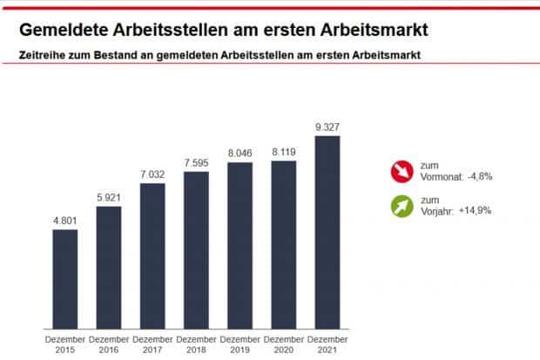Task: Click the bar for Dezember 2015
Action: pyautogui.click(x=65, y=279)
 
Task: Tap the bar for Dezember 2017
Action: pyautogui.click(x=152, y=256)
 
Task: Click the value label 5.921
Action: pyautogui.click(x=109, y=198)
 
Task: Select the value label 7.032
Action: pyautogui.click(x=152, y=174)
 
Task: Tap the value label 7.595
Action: pyautogui.click(x=196, y=163)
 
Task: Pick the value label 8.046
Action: pyautogui.click(x=240, y=153)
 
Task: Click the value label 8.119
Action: pyautogui.click(x=284, y=152)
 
